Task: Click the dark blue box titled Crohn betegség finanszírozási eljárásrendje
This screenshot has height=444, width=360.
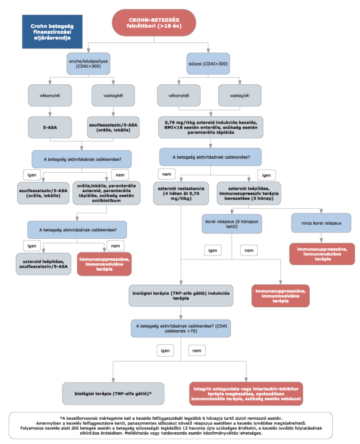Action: click(52, 32)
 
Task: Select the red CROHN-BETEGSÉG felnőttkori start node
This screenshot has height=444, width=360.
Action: click(154, 22)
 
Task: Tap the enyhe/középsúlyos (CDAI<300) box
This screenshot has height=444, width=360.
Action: click(89, 64)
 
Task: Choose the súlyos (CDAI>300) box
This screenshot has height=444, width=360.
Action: click(208, 64)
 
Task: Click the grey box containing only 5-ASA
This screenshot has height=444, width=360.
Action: click(50, 127)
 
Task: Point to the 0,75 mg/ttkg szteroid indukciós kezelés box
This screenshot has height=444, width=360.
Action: click(211, 127)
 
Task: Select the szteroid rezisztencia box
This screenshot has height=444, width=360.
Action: click(181, 193)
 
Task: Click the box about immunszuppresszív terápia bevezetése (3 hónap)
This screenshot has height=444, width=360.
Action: click(248, 193)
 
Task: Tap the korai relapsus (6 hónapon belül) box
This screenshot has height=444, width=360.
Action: click(231, 223)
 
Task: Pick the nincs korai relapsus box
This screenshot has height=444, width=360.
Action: click(321, 223)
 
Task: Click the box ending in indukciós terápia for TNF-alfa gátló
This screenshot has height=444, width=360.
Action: click(181, 295)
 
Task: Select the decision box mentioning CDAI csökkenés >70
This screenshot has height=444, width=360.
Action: click(181, 328)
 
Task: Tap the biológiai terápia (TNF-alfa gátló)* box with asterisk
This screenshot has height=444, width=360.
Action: click(113, 394)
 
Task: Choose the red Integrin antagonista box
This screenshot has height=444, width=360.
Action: click(246, 394)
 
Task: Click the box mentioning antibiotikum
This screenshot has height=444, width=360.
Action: click(106, 193)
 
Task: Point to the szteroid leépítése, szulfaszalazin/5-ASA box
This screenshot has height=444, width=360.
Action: click(43, 264)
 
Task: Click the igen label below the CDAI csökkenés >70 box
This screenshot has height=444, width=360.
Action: click(165, 351)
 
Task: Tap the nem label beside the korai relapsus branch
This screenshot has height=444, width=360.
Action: click(249, 251)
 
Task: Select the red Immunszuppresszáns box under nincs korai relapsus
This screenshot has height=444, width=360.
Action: click(322, 254)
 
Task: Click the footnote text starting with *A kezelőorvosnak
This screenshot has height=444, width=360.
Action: click(171, 426)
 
